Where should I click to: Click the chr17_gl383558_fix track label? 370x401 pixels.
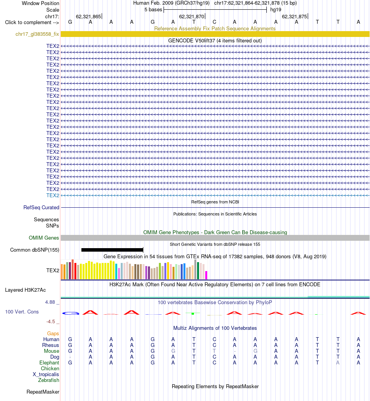[37, 34]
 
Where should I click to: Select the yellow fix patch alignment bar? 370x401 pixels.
[215, 34]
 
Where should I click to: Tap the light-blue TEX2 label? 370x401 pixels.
[53, 195]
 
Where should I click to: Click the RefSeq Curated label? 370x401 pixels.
[41, 207]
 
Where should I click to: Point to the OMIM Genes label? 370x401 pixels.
[44, 238]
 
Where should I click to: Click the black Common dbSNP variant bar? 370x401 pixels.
[112, 250]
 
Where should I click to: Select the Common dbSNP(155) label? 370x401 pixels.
[35, 250]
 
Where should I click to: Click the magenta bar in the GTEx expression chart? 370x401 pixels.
[206, 275]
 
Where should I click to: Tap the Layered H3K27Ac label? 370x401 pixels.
[25, 290]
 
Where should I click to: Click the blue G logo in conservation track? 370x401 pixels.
[70, 313]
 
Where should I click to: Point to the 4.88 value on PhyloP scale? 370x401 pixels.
[50, 302]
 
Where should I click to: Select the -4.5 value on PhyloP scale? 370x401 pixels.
[51, 322]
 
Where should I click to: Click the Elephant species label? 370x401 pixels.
[49, 362]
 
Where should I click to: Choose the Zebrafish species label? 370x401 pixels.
[49, 380]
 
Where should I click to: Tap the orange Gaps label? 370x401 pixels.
[53, 333]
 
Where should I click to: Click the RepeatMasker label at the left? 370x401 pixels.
[43, 392]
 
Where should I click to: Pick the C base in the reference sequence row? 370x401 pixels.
[214, 22]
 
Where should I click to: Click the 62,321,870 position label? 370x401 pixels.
[192, 17]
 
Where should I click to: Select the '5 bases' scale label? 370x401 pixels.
[153, 10]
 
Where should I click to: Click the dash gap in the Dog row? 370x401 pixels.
[70, 357]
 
